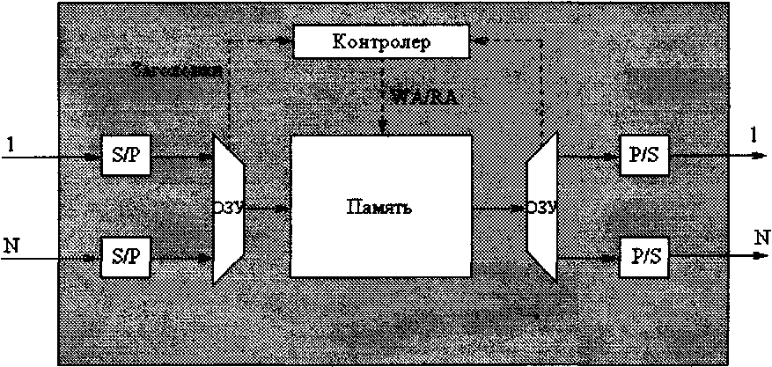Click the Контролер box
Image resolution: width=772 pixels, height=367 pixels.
380,41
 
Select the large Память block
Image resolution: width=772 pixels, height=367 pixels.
380,229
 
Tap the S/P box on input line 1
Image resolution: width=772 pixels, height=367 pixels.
126,156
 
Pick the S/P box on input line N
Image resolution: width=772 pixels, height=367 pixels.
126,257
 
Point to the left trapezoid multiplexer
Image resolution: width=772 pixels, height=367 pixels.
228,209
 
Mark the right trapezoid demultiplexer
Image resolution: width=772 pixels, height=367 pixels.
540,209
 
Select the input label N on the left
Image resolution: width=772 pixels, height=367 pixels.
11,244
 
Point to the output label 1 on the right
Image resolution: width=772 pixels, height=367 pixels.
754,135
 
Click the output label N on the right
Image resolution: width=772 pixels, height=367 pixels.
754,238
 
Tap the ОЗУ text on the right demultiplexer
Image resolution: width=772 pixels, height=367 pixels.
541,209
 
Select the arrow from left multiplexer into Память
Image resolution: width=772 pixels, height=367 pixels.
268,209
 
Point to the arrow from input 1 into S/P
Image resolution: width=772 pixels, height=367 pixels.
62,158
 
